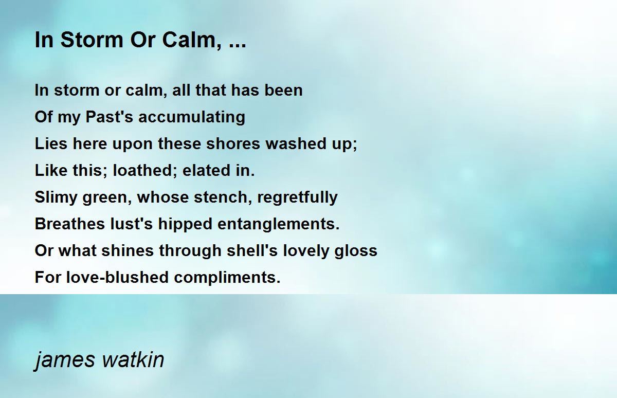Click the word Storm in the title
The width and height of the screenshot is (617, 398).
click(92, 40)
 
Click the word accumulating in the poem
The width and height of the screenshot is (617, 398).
click(192, 117)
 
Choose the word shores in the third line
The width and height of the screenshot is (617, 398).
click(233, 143)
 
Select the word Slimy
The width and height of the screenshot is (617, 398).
click(56, 197)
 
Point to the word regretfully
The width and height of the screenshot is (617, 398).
click(297, 197)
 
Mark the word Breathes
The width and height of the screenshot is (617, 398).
click(70, 224)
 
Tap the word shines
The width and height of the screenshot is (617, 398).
click(128, 250)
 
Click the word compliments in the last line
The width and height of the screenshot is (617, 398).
click(227, 278)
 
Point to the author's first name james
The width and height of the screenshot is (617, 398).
click(65, 360)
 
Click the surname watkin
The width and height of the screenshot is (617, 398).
click(133, 359)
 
